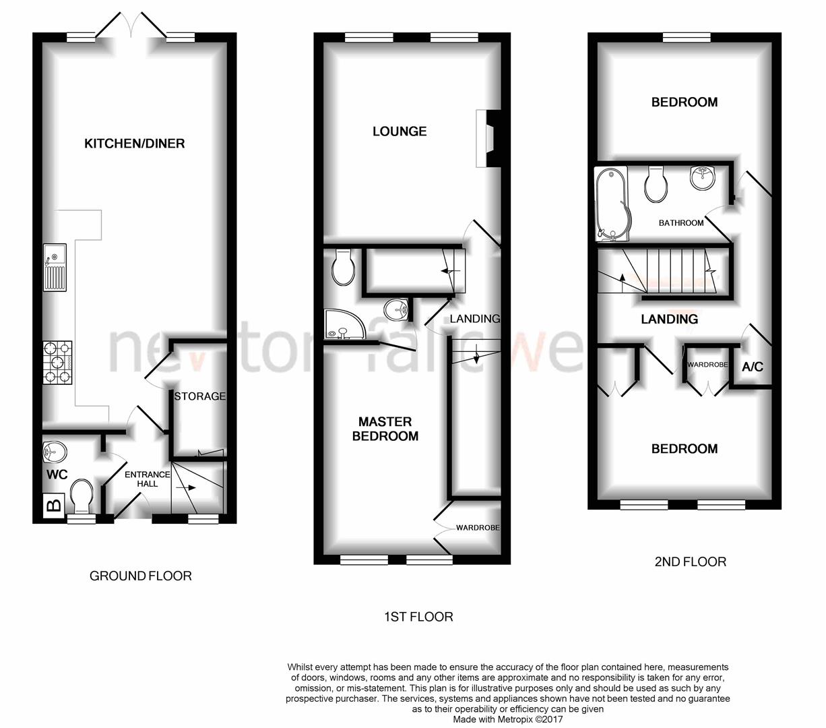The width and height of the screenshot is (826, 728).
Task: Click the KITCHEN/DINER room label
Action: coord(134,143)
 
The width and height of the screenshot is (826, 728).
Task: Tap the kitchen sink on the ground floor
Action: coord(55,267)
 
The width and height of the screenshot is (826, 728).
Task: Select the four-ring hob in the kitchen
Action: coord(57,362)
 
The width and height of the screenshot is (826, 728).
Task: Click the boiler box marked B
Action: coord(53,504)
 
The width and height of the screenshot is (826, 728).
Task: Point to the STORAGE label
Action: coord(199,396)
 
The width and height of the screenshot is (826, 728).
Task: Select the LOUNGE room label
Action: coord(400,131)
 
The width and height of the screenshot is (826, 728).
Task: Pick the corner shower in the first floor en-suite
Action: coord(342,326)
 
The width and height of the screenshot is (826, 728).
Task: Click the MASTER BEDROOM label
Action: coord(385,429)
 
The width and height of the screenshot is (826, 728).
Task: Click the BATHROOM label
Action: coord(680,223)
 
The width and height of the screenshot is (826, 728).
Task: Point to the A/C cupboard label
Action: coord(752,367)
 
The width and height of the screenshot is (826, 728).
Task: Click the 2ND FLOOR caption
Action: coord(690,562)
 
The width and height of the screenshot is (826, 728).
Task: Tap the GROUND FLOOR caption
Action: coord(141,576)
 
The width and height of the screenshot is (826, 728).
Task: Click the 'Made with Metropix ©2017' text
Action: coord(508,719)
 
